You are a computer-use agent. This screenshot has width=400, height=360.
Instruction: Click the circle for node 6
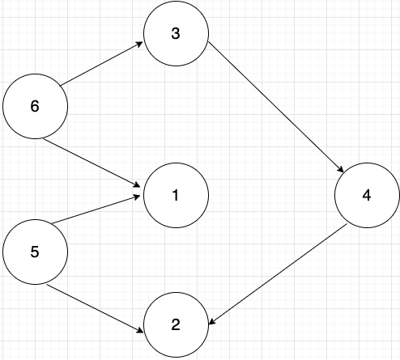pyautogui.click(x=35, y=107)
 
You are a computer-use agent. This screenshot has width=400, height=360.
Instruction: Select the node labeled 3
pyautogui.click(x=177, y=33)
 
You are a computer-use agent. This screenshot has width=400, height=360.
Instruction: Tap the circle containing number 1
pyautogui.click(x=177, y=195)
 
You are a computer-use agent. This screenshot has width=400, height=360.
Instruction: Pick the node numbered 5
pyautogui.click(x=35, y=252)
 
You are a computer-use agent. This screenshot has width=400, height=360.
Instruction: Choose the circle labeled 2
pyautogui.click(x=177, y=326)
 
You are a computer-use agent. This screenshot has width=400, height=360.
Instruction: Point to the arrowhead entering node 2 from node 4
pyautogui.click(x=212, y=322)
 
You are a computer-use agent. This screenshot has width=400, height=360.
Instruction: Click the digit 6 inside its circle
pyautogui.click(x=35, y=107)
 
